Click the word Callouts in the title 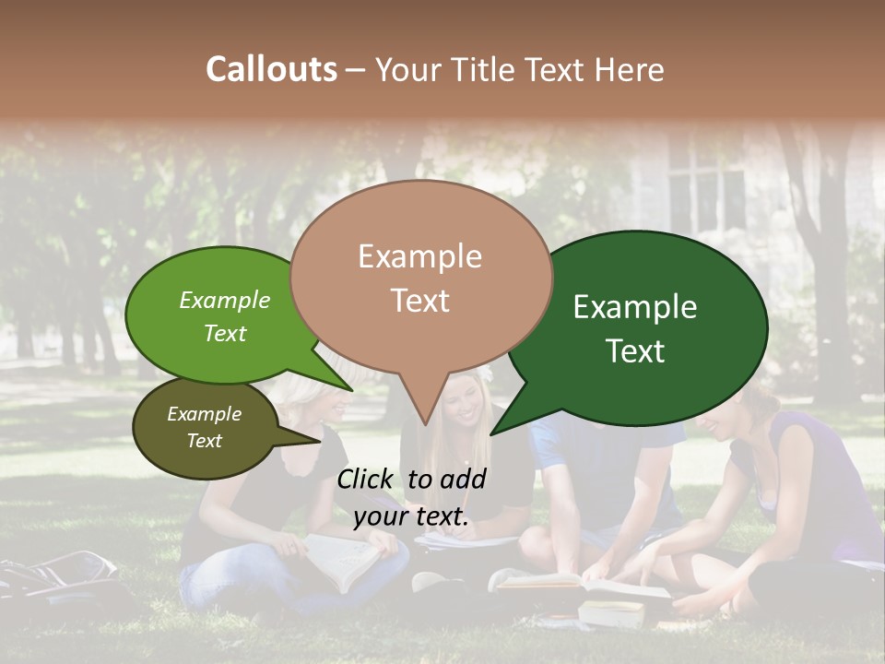tap(271, 69)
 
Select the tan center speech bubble tap(420, 277)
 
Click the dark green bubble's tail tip tap(492, 433)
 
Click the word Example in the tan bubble tap(419, 256)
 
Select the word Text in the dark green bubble tap(636, 351)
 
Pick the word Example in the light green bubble tap(225, 301)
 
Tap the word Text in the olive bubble tap(205, 441)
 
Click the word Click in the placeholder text tap(368, 479)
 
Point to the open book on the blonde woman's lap tap(340, 559)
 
